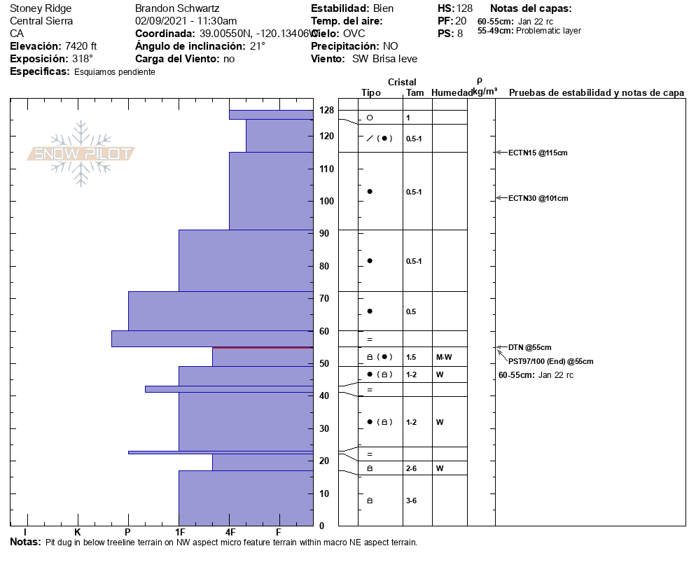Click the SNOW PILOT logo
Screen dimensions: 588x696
pos(81,154)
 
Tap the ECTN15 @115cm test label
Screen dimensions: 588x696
pos(538,153)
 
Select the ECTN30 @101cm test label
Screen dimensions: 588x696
pos(538,198)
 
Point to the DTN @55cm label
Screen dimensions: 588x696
pos(529,347)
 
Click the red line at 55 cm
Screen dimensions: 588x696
pos(263,347)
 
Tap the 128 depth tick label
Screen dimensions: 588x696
pos(326,110)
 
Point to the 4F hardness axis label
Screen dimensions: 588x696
pos(230,531)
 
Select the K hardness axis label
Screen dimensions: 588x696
pos(77,531)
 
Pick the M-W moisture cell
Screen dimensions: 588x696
pos(444,357)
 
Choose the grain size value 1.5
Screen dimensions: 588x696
pos(411,357)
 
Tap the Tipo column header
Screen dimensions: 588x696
pos(371,92)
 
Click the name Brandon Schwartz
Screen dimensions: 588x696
pos(177,8)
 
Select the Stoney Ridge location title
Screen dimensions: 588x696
pos(41,8)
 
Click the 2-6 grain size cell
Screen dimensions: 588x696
pos(412,468)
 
